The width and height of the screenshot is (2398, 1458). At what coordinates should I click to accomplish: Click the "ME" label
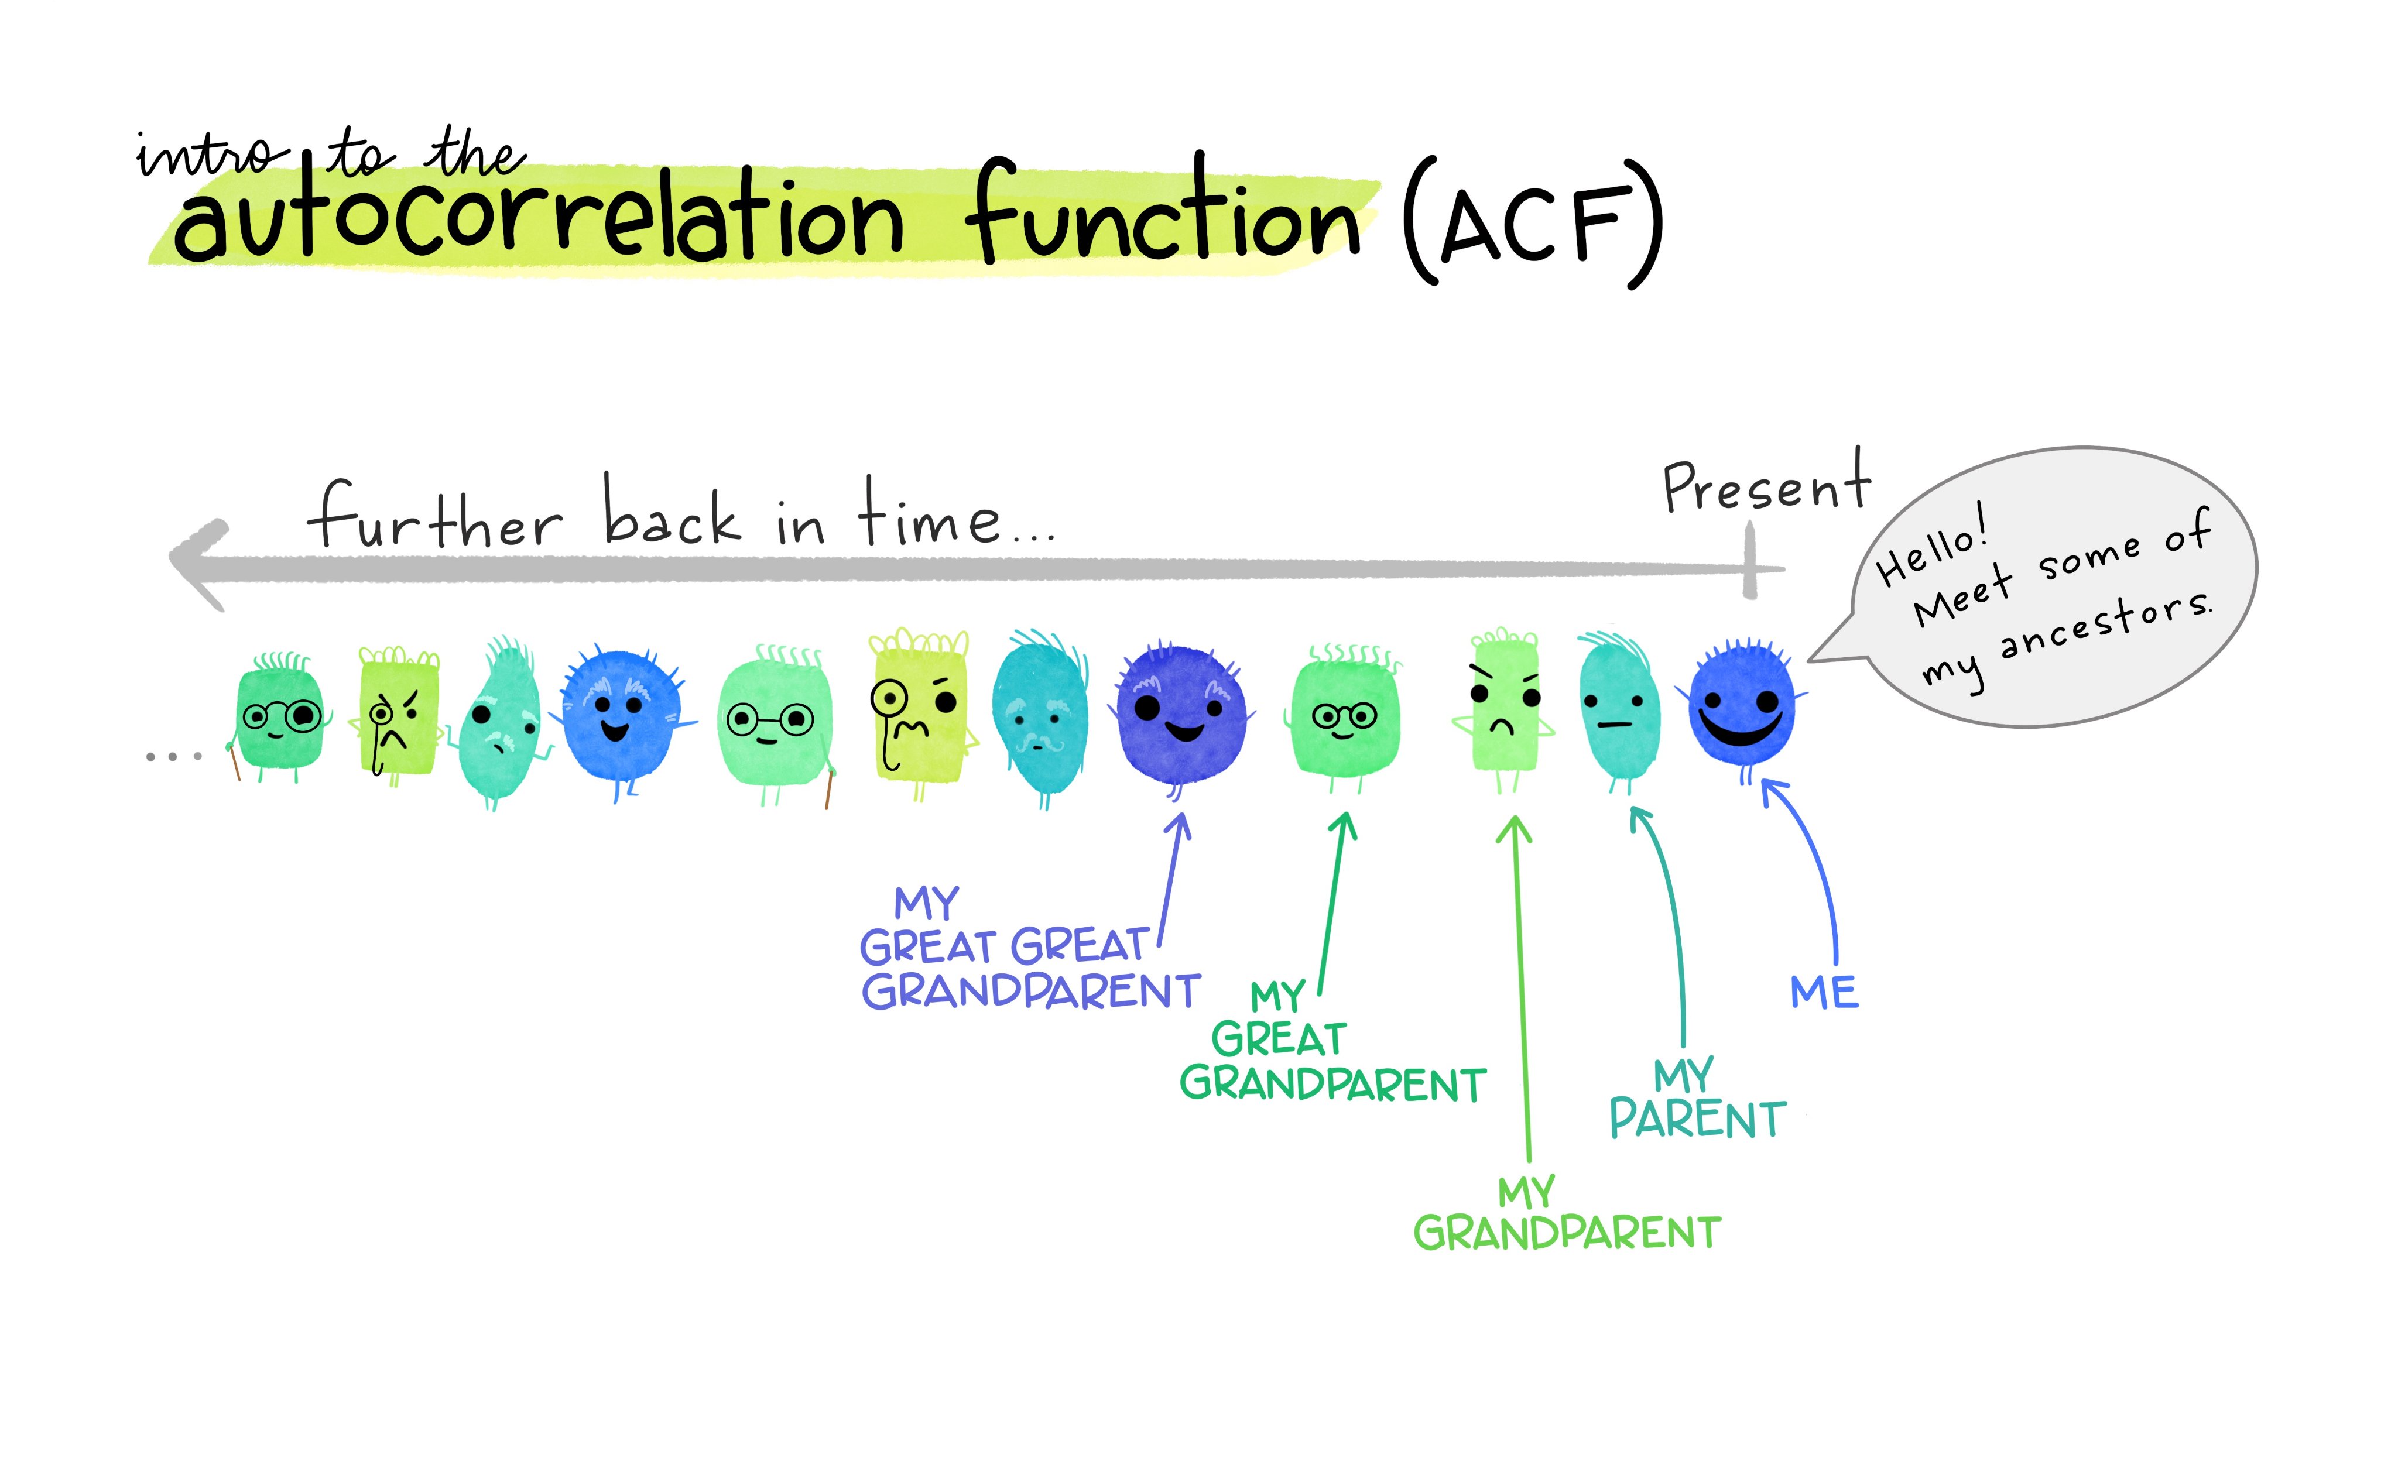1824,993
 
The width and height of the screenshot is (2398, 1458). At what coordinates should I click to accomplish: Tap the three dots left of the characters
173,756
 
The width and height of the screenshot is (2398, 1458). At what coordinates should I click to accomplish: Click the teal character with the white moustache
1039,721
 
